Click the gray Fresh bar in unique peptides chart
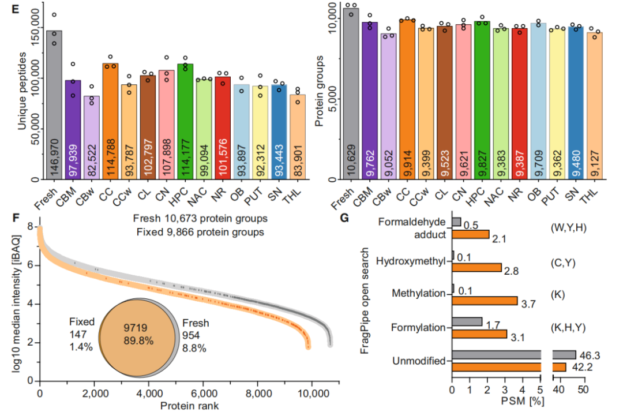click(54, 105)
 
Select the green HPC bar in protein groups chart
click(482, 100)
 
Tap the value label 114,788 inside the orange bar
click(111, 158)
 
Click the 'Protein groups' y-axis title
click(319, 91)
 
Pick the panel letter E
click(16, 9)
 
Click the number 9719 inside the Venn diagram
click(135, 328)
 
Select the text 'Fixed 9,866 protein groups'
click(200, 232)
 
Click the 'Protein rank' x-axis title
click(190, 406)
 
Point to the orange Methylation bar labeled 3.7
click(485, 301)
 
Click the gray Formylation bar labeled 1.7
click(467, 321)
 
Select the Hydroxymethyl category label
click(411, 261)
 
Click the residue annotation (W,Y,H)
click(569, 228)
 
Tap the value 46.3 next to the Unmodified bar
click(590, 355)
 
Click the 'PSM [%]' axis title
click(522, 401)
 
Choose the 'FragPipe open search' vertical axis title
click(365, 301)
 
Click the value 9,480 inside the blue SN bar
click(576, 163)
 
